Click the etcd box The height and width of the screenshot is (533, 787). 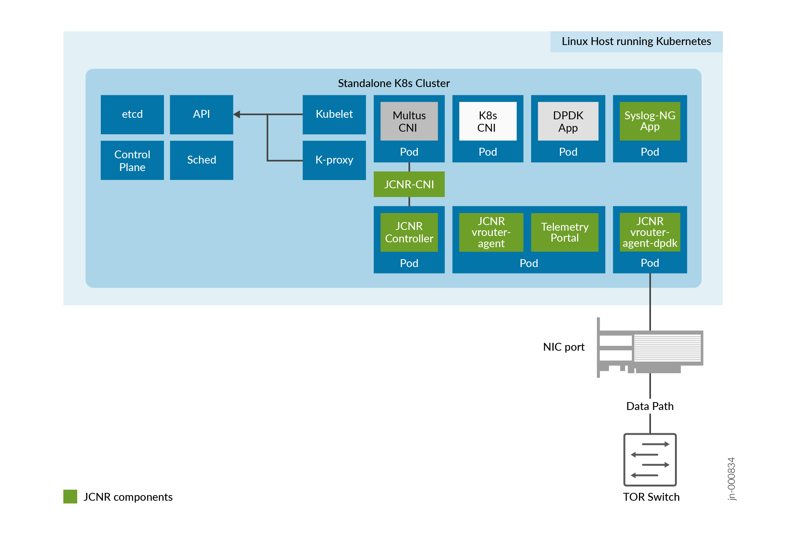(132, 114)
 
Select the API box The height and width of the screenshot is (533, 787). (201, 114)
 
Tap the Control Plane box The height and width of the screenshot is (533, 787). (132, 161)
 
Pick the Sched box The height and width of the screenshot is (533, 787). (201, 161)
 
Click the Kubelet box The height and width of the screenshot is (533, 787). (334, 114)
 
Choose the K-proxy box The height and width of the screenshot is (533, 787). (334, 161)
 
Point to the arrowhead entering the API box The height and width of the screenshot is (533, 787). (237, 114)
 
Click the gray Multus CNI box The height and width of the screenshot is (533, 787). (409, 121)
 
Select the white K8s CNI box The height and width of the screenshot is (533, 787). (488, 121)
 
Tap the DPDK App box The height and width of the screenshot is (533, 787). (568, 121)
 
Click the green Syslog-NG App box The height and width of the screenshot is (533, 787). (649, 121)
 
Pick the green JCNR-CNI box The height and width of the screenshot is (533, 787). (409, 184)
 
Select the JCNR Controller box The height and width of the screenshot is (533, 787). (409, 232)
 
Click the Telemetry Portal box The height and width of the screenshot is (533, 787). (564, 232)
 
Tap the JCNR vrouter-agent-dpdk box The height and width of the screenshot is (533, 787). (649, 232)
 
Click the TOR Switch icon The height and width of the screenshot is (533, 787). (649, 459)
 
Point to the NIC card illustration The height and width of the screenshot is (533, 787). (650, 349)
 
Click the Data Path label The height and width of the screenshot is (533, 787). (649, 406)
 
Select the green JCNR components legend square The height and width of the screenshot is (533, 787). (70, 496)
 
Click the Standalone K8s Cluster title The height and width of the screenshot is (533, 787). (393, 83)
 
